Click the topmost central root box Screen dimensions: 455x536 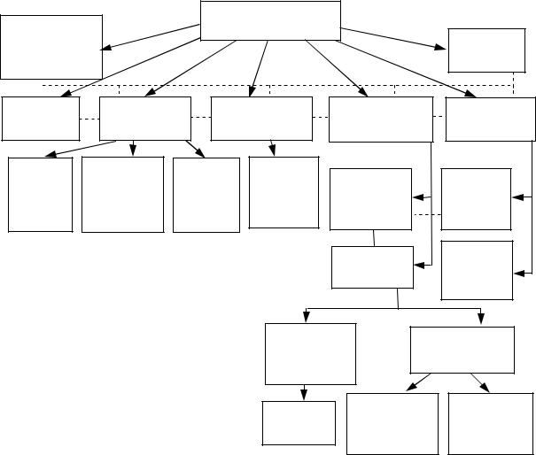point(270,20)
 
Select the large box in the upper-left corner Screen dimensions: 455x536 point(51,47)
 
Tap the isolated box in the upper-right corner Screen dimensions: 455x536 point(486,50)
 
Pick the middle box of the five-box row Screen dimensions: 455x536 point(263,119)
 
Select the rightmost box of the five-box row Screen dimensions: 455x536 point(490,119)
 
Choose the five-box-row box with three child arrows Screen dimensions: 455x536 point(145,119)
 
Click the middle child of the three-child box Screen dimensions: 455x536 point(122,195)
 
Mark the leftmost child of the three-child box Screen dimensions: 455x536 point(41,195)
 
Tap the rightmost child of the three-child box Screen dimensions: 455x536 point(206,195)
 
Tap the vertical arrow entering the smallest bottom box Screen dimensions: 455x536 point(306,392)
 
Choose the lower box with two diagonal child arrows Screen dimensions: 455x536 point(462,350)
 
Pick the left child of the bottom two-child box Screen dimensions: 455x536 point(392,424)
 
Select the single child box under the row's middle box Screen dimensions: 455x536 point(284,192)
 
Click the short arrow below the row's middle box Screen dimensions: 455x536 point(271,148)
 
